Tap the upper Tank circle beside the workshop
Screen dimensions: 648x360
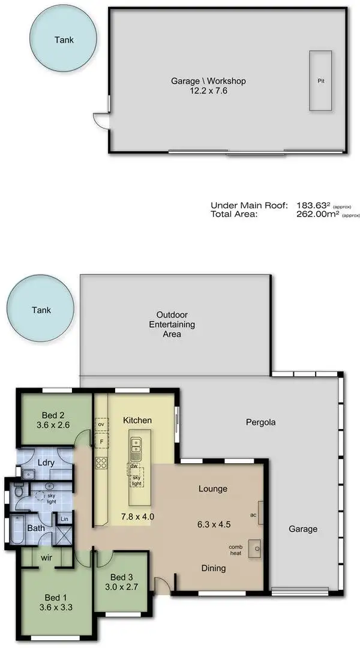point(64,40)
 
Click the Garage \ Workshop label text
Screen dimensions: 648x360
point(208,81)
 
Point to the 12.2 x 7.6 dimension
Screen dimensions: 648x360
point(208,91)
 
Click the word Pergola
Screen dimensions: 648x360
point(261,422)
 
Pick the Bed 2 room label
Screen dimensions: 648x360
point(53,415)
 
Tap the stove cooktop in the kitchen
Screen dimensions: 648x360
point(101,463)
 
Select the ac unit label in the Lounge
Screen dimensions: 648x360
point(253,515)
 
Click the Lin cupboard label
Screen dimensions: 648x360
point(64,518)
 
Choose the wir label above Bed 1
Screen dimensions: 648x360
point(46,557)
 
